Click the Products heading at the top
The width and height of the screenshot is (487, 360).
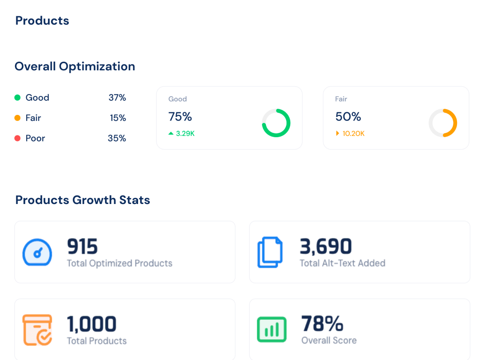(x=42, y=21)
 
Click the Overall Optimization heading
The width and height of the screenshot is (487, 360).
(x=75, y=66)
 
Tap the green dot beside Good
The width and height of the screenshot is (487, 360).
(x=18, y=98)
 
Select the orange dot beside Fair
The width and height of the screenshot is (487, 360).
(x=18, y=118)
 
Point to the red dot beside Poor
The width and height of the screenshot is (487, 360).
(x=18, y=138)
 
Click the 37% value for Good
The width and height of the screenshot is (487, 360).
(x=117, y=98)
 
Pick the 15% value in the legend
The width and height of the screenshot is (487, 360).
(x=118, y=118)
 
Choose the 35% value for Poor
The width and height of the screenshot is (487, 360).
(x=117, y=138)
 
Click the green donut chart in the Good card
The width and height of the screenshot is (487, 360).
(x=276, y=123)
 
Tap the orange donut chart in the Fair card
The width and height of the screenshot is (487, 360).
(x=443, y=123)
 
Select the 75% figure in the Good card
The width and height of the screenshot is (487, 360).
(x=180, y=117)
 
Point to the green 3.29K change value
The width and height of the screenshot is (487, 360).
(x=185, y=134)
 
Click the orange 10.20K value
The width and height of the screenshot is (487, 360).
(x=353, y=134)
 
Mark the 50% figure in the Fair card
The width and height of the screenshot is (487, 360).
(x=348, y=117)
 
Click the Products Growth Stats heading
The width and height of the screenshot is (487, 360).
(x=83, y=200)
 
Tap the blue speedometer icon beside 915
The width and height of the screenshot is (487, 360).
(x=37, y=253)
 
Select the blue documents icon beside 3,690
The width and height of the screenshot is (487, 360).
(x=270, y=252)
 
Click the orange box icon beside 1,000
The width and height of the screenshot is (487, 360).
(x=37, y=330)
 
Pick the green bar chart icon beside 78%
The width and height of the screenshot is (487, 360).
(x=271, y=330)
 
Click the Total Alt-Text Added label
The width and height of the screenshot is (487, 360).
(x=342, y=263)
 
